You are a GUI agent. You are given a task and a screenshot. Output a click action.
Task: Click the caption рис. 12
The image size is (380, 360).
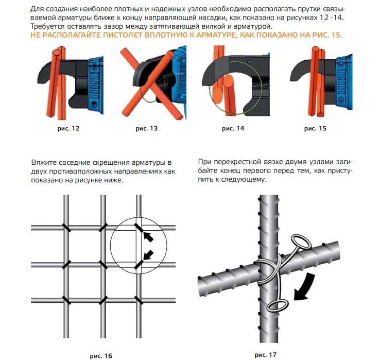[69, 128]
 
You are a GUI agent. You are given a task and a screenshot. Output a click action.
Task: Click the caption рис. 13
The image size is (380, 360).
[147, 128]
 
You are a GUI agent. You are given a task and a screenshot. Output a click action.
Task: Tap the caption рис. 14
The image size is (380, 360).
[233, 128]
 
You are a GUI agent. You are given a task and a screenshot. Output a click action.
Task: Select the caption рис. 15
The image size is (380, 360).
[315, 128]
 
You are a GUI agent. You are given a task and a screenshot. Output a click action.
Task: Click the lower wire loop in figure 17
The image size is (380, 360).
[278, 305]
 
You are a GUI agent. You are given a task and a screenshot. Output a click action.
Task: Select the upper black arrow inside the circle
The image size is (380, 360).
[147, 236]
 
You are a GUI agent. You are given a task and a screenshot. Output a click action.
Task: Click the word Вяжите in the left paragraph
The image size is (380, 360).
[43, 163]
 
